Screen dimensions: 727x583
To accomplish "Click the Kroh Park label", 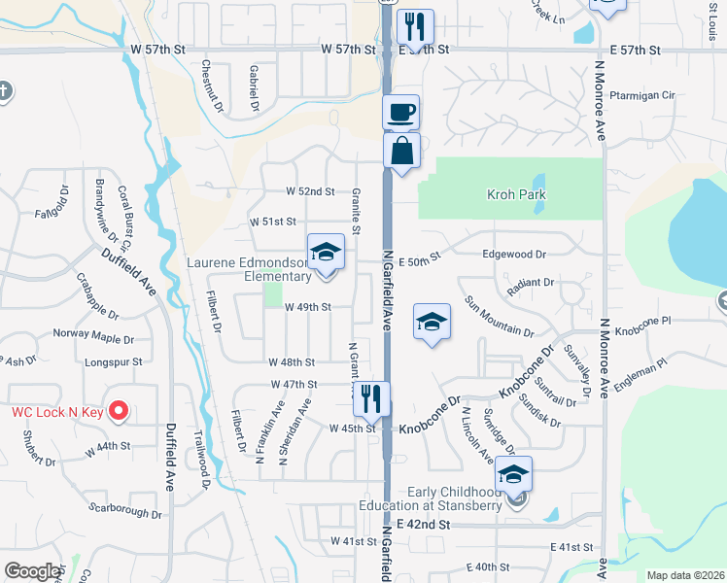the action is pos(516,194).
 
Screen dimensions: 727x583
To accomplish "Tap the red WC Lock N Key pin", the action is pos(118,411).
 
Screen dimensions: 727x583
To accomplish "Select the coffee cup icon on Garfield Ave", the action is pos(401,112).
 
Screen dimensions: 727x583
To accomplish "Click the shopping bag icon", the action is pos(401,152).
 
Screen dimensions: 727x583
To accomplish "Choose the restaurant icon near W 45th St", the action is pos(371,398).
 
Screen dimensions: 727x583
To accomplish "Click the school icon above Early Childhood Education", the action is pos(513,474).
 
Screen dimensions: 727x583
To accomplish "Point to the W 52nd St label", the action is pos(310,192).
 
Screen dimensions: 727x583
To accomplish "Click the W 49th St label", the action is pos(308,307).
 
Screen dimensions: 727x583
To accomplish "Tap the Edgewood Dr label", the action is pos(514,254).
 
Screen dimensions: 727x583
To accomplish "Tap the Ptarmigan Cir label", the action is pos(642,95).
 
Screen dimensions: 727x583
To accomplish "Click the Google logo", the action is pos(32,570).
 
